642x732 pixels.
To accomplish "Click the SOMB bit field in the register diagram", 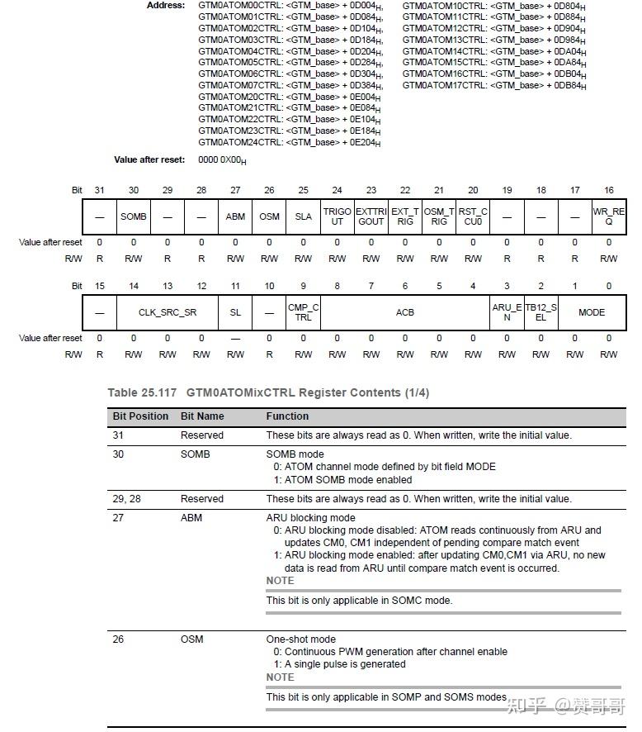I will pyautogui.click(x=134, y=216).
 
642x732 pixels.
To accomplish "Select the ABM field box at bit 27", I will pyautogui.click(x=235, y=216).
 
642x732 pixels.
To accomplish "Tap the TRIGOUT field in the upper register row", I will pyautogui.click(x=337, y=216).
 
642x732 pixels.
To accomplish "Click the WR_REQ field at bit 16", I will pyautogui.click(x=608, y=216).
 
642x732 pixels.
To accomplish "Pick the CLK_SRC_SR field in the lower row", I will pyautogui.click(x=168, y=312).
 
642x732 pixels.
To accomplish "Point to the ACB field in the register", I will pyautogui.click(x=404, y=312).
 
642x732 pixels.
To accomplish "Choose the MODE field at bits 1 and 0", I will pyautogui.click(x=592, y=312).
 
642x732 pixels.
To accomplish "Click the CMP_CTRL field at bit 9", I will pyautogui.click(x=303, y=312).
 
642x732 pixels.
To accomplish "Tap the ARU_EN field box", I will pyautogui.click(x=507, y=312).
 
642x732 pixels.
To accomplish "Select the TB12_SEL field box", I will pyautogui.click(x=541, y=312).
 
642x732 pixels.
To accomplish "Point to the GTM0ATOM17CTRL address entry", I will pyautogui.click(x=493, y=85).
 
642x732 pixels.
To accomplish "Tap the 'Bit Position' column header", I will pyautogui.click(x=140, y=416).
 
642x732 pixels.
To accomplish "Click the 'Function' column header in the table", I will pyautogui.click(x=287, y=416).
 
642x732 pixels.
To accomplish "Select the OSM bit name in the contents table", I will pyautogui.click(x=191, y=639).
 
